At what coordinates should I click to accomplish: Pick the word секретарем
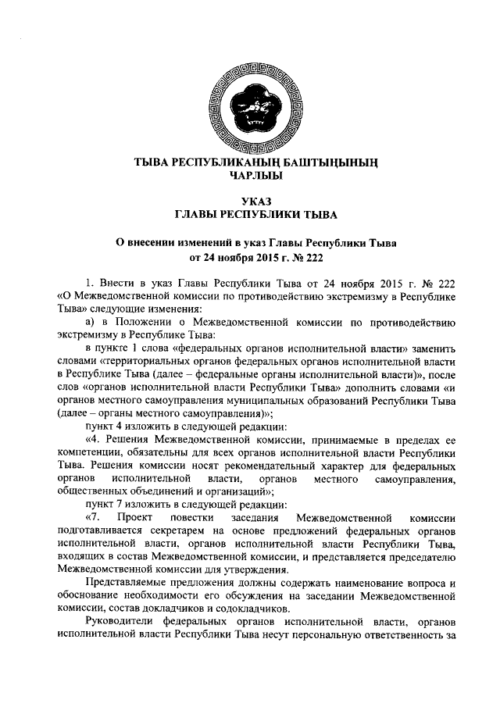coord(185,531)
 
